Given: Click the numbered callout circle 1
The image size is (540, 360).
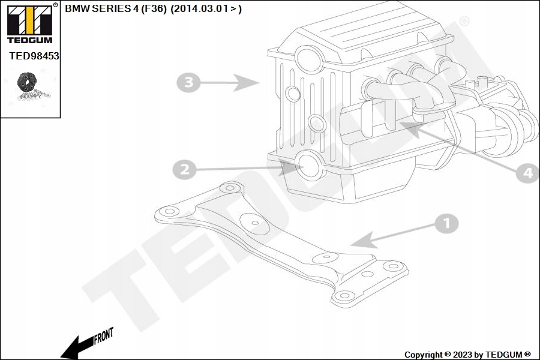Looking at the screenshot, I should coord(446,224).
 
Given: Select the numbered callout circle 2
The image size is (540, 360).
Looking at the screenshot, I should coord(185,170).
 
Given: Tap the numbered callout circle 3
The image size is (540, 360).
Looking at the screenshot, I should coord(188,82).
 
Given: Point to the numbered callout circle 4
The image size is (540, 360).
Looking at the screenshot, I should coord(527,173).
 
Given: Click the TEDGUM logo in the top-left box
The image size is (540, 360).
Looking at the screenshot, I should coord(29,24).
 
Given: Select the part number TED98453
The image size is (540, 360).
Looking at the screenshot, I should coord(34,55).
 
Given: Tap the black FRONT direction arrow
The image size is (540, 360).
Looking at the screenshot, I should coord(75,347).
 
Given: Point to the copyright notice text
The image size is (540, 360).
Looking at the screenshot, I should coord(467,355).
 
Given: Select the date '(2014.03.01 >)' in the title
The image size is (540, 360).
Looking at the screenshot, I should coord(206,9).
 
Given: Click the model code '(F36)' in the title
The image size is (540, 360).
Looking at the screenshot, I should coord(154,9).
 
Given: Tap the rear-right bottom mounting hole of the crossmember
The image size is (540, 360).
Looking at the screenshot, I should coord(343,295).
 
